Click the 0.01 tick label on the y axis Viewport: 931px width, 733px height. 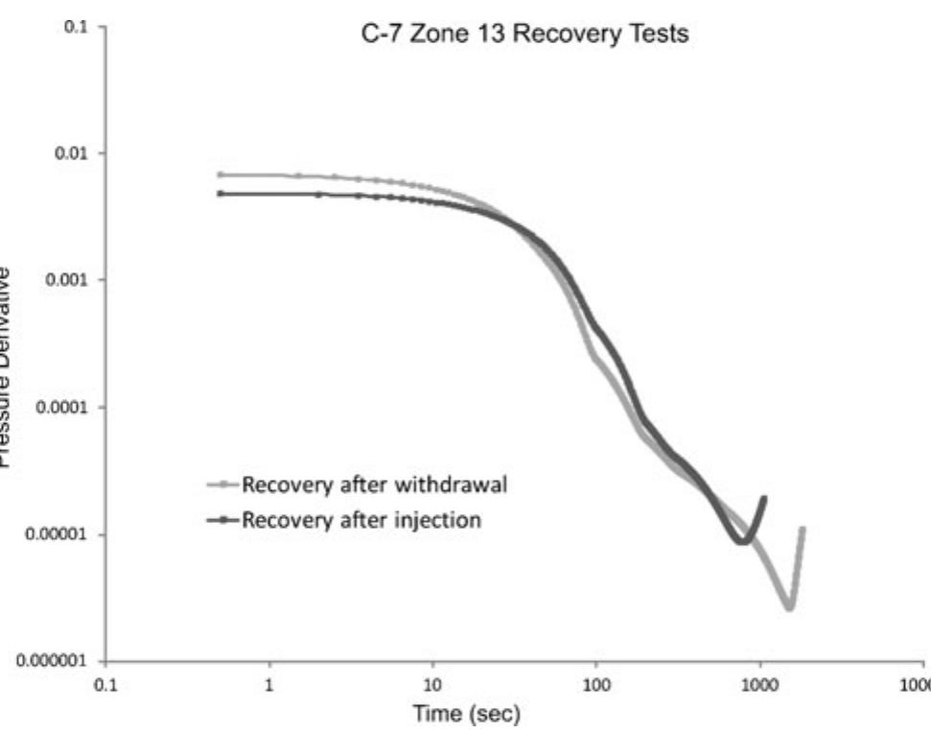75,154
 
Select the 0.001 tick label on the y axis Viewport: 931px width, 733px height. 71,280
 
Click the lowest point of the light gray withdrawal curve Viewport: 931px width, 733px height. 788,606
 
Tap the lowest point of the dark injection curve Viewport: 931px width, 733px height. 744,542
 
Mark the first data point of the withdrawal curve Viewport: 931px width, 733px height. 221,175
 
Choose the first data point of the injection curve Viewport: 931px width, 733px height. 221,194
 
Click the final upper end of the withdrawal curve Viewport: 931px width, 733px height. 802,529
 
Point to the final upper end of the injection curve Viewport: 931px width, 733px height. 764,498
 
